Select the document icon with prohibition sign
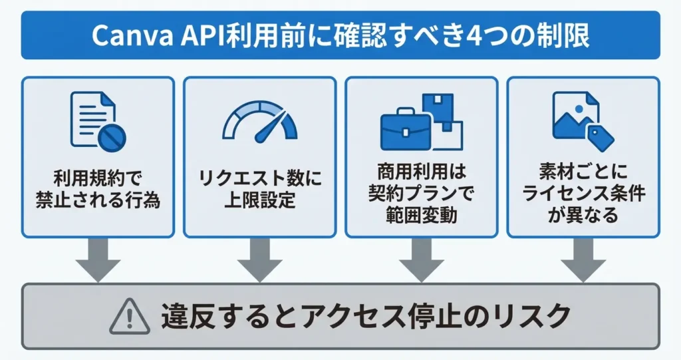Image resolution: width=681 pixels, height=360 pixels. [x=97, y=120]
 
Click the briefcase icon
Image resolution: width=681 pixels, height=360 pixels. [x=406, y=130]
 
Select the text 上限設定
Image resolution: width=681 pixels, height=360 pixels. [x=259, y=200]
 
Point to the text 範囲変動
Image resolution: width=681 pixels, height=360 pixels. [x=422, y=216]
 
